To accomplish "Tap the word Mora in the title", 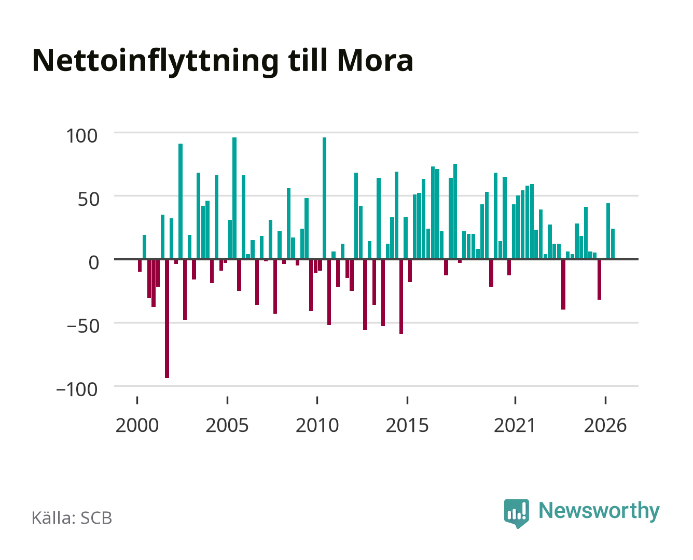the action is (x=375, y=61).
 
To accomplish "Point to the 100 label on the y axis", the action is (x=81, y=136).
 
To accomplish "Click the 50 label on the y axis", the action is (x=88, y=199).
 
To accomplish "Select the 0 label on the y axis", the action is (x=94, y=262).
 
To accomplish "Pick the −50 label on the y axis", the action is (x=83, y=326).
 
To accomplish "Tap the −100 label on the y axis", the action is (x=77, y=389).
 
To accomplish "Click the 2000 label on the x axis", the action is (x=137, y=425).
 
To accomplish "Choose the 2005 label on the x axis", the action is (x=227, y=425).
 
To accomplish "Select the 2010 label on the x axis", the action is (x=317, y=425).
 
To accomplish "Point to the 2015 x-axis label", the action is (x=407, y=425).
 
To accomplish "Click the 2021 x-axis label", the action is (x=515, y=425).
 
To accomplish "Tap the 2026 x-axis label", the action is (x=605, y=425).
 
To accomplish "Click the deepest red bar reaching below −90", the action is (x=167, y=319).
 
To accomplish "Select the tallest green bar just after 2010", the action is (x=324, y=198).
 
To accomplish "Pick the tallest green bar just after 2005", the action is (x=234, y=198).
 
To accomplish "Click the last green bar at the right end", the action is (x=613, y=244).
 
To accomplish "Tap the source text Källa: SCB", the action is (x=72, y=517).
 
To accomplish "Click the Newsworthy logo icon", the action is (x=516, y=513).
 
